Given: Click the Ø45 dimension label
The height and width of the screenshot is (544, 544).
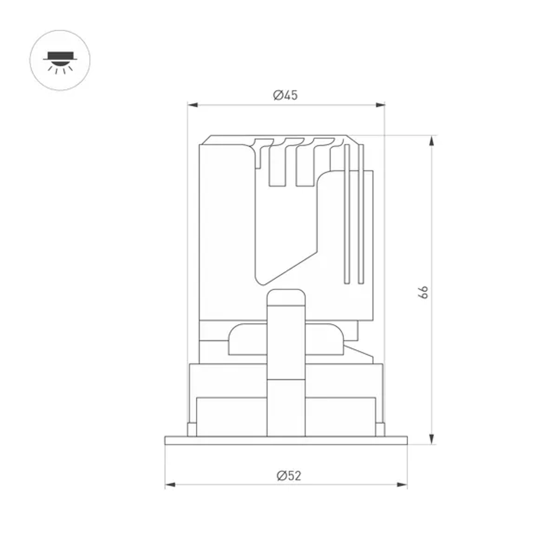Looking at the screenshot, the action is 285,95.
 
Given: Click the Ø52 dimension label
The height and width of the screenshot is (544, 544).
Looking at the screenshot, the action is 289,475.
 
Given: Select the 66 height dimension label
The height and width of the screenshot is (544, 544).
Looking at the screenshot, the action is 423,292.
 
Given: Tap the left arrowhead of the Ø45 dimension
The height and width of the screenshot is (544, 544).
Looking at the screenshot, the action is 193,105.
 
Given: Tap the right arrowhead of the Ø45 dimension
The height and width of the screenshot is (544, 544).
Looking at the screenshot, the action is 380,105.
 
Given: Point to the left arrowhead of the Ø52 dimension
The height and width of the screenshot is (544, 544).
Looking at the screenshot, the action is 170,485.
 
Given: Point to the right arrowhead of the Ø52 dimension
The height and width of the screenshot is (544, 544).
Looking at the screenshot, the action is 402,485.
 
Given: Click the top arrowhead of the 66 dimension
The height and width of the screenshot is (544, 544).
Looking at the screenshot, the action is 431,140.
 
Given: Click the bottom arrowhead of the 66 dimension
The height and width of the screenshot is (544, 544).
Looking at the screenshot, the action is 431,439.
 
